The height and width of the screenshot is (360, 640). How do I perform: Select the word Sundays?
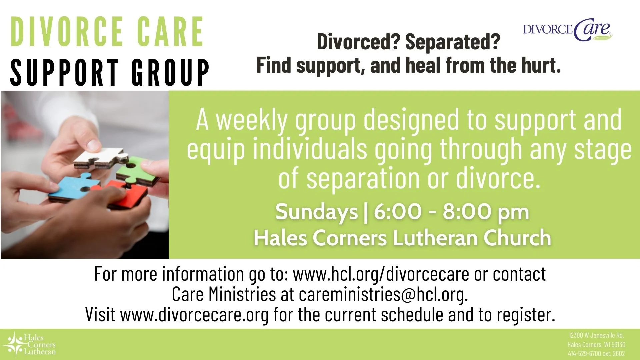click(316, 212)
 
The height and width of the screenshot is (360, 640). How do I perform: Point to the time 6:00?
click(397, 212)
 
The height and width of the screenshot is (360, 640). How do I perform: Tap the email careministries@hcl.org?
click(383, 295)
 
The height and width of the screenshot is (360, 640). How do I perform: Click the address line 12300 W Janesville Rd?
click(596, 335)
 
